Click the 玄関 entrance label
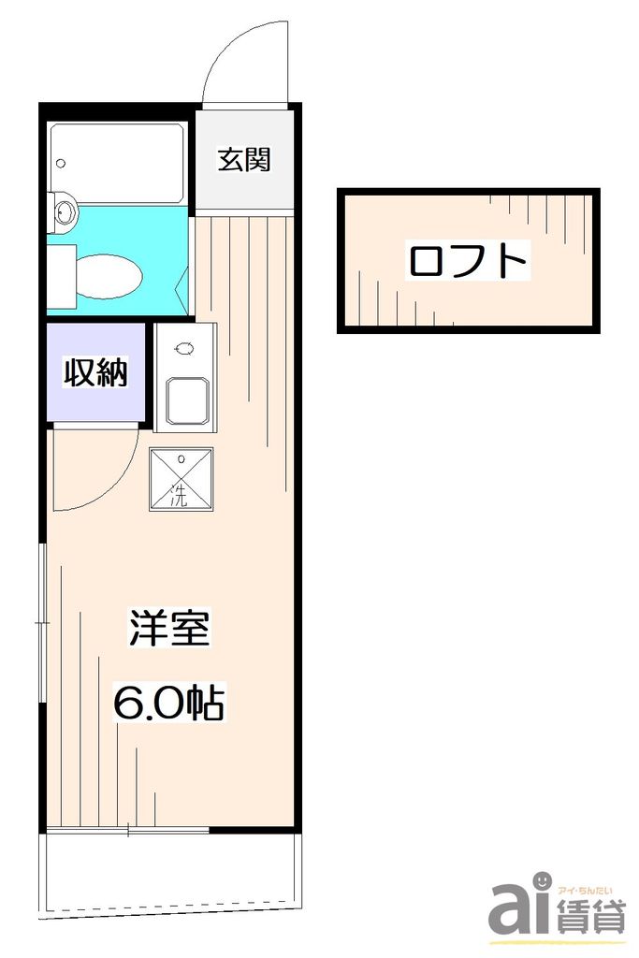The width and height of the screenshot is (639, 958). (244, 160)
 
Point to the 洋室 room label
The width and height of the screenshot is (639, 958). (168, 628)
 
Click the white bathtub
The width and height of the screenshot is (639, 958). (117, 164)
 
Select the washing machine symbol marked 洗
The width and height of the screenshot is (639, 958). (181, 478)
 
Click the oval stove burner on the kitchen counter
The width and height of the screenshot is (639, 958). (183, 350)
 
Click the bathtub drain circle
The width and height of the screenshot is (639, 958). (61, 164)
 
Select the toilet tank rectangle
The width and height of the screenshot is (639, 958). (61, 274)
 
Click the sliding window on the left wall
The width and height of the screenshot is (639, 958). (42, 622)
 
